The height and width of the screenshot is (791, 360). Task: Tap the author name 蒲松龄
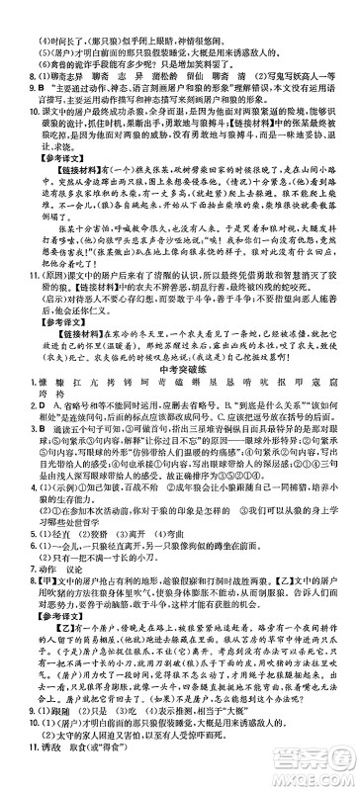pyautogui.click(x=163, y=45)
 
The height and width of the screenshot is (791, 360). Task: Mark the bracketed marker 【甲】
pyautogui.click(x=29, y=608)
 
